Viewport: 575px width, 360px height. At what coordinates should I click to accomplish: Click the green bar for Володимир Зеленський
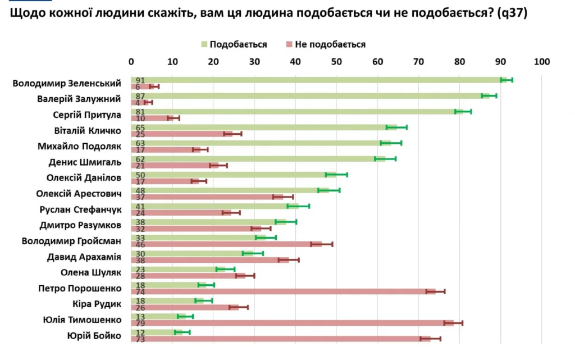click(319, 80)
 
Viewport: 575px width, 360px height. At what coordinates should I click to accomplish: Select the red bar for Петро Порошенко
click(283, 291)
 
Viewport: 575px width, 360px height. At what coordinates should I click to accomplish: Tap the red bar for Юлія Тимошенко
click(292, 323)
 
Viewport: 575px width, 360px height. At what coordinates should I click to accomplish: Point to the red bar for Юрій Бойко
click(281, 339)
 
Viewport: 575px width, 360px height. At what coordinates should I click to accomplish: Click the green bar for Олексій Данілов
click(234, 175)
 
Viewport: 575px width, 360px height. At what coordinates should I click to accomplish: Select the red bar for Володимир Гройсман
click(226, 244)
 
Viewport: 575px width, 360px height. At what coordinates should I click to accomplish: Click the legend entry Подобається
click(234, 44)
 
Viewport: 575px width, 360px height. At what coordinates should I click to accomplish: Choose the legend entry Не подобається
click(326, 44)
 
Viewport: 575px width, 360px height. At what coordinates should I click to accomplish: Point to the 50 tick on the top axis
click(336, 62)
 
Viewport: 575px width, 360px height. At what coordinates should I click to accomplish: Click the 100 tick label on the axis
click(542, 62)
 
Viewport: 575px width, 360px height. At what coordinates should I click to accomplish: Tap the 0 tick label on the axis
click(131, 62)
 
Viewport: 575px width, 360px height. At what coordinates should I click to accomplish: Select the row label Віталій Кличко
click(88, 130)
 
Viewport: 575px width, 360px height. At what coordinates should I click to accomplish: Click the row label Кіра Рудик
click(97, 304)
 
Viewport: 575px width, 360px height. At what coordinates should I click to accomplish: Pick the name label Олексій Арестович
click(79, 194)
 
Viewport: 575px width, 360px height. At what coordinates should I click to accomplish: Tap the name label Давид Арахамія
click(84, 257)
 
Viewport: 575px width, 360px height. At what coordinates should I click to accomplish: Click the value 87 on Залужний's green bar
click(140, 97)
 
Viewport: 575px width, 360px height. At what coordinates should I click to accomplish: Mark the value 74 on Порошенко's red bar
click(140, 292)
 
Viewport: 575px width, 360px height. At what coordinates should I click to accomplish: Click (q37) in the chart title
click(512, 13)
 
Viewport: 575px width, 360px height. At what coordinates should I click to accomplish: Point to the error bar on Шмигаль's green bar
click(385, 159)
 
